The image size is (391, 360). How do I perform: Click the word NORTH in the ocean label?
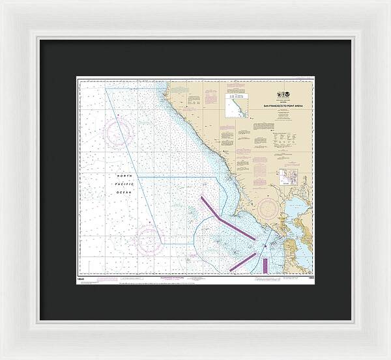tap(124, 176)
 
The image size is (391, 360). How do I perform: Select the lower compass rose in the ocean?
tap(149, 240)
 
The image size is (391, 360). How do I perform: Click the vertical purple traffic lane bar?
tap(265, 264)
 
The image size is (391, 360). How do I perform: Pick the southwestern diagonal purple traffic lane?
tap(242, 260)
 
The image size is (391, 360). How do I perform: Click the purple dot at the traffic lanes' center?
tap(264, 245)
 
